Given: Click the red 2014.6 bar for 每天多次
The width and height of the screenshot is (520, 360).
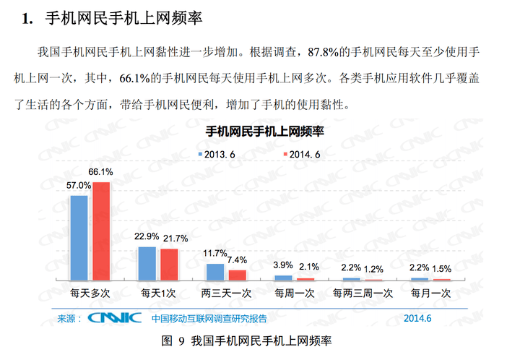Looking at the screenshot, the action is (101, 231).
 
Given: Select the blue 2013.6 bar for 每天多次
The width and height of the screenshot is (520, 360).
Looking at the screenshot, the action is (79, 238).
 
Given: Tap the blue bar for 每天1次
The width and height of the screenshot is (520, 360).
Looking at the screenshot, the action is (147, 263).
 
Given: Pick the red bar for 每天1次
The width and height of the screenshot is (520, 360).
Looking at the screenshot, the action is (169, 265).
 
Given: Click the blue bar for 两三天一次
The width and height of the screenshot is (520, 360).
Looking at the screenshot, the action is (215, 272).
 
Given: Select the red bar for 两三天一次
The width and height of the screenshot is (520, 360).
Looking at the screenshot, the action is (238, 275).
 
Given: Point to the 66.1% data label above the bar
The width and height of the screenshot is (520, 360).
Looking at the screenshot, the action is (100, 172).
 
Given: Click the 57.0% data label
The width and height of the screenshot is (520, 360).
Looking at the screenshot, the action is (79, 186).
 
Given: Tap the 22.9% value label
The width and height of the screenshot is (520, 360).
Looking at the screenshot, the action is (147, 236).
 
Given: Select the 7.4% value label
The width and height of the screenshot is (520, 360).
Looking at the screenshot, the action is (237, 260).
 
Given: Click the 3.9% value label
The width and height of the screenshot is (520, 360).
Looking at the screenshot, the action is (283, 265).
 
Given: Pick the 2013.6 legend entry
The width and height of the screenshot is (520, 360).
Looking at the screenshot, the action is (217, 155).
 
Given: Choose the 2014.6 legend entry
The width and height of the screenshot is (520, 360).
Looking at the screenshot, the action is (302, 155).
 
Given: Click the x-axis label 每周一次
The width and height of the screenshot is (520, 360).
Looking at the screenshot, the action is (295, 293).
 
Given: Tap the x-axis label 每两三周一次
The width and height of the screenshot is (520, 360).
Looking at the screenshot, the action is (363, 293).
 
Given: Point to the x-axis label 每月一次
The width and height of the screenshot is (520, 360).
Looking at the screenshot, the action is (430, 293).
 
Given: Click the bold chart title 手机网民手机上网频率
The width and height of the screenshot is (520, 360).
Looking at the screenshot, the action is (264, 132).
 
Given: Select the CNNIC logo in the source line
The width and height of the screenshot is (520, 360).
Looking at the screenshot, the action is (115, 318).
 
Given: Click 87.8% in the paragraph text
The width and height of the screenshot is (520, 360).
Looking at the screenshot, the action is (323, 52).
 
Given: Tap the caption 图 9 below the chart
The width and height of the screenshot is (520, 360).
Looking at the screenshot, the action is (173, 341).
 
